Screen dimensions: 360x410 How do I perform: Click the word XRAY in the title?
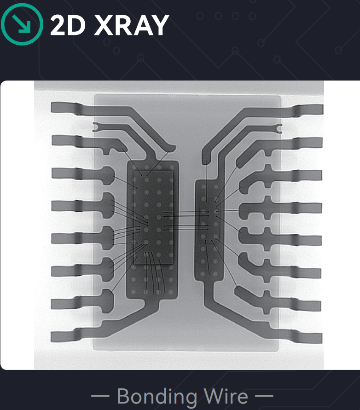pos(132,25)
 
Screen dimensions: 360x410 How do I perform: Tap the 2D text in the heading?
pos(68,25)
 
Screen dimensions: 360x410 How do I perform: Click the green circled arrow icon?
pos(22,24)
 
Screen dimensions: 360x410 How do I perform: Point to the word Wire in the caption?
pos(226,396)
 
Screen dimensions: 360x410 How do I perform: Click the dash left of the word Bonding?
pos(100,396)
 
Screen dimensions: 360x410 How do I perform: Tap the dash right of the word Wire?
pos(264,396)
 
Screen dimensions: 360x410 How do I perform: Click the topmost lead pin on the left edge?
pos(65,108)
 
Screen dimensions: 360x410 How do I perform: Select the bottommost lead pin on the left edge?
pos(65,337)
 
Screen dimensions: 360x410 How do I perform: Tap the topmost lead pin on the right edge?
pos(309,110)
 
